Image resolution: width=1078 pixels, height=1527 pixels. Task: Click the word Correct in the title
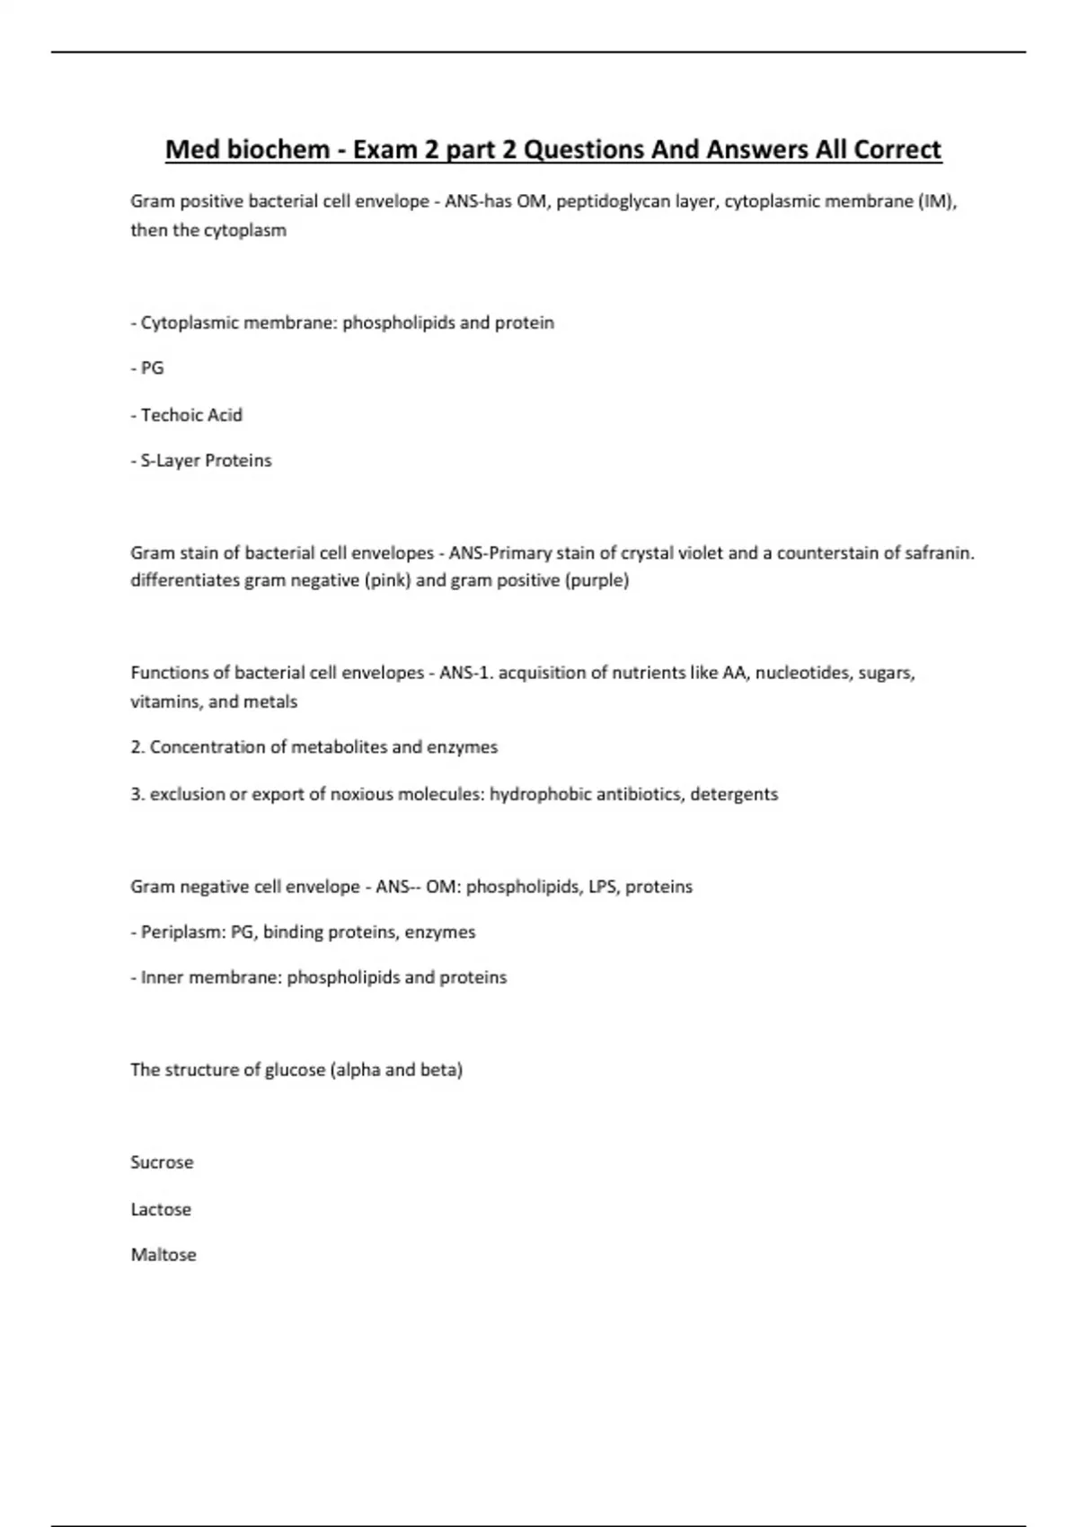(897, 149)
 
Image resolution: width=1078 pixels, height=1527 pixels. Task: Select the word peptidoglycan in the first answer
(614, 201)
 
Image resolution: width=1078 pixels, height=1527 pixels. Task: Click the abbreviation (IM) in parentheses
(937, 201)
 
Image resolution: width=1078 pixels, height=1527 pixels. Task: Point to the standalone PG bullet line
(152, 368)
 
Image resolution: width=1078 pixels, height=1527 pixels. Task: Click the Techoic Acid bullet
(191, 415)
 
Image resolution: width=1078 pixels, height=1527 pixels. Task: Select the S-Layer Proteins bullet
(206, 461)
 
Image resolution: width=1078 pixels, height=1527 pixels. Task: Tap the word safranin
(940, 553)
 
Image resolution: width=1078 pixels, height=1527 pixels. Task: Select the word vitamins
(164, 702)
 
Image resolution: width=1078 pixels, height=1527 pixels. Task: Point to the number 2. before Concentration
(137, 747)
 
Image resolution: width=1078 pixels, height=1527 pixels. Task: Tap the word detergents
(734, 794)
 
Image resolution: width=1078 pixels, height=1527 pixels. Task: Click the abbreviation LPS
(601, 887)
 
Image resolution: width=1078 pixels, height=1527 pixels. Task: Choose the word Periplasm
(182, 932)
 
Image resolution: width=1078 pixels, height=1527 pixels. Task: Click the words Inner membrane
(210, 977)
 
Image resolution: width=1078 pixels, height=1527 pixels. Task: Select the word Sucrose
(162, 1162)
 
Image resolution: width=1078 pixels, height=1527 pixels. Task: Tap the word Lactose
(161, 1209)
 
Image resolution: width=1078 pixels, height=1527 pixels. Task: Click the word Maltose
(163, 1255)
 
